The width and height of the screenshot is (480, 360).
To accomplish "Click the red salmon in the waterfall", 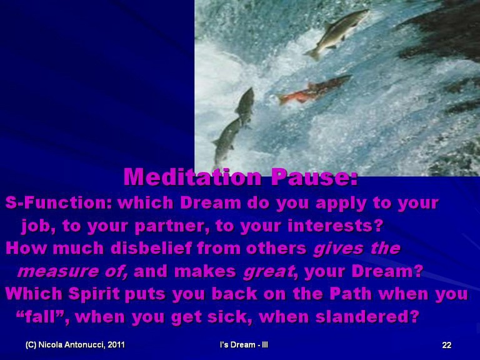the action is pyautogui.click(x=314, y=90).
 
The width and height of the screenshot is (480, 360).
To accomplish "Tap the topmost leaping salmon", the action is pyautogui.click(x=337, y=33).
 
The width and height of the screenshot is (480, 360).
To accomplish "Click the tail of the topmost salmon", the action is pyautogui.click(x=313, y=54).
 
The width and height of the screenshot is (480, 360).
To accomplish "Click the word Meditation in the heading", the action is pyautogui.click(x=192, y=177).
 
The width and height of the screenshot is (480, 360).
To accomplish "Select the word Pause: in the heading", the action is pyautogui.click(x=314, y=177).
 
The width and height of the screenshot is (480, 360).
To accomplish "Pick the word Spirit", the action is pyautogui.click(x=94, y=294).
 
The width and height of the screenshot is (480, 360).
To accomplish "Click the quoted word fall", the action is pyautogui.click(x=40, y=316).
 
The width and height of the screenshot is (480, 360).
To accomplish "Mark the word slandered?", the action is pyautogui.click(x=367, y=316).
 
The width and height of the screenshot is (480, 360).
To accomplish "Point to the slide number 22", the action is pyautogui.click(x=447, y=345).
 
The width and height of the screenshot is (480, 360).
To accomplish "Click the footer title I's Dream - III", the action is pyautogui.click(x=244, y=345).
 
